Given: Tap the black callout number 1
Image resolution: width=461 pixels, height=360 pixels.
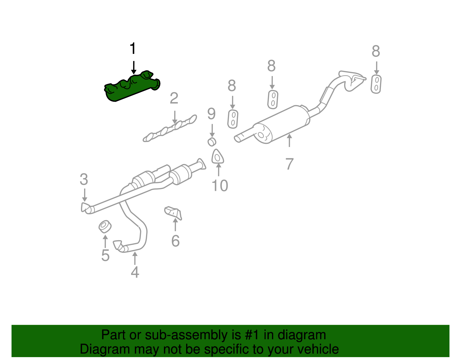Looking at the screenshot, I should (x=133, y=49).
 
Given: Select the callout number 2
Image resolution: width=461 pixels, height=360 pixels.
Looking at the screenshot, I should (x=174, y=99).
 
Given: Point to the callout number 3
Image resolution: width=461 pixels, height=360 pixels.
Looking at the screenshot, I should (x=84, y=180).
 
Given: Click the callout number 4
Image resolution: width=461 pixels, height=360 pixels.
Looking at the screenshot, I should (x=135, y=272).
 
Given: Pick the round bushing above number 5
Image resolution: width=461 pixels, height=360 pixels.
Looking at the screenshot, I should (x=105, y=227).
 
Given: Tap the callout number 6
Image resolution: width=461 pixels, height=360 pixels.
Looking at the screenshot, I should (x=175, y=241).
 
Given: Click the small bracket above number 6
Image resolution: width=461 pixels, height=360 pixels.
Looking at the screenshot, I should (x=174, y=213).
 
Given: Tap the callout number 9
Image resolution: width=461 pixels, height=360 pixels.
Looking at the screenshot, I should (x=211, y=114).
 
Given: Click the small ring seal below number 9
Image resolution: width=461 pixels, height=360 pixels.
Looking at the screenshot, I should (x=212, y=142).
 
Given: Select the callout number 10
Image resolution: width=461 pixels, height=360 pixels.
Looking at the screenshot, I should (x=220, y=186).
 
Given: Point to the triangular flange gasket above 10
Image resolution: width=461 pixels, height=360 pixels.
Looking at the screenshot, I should (x=218, y=157).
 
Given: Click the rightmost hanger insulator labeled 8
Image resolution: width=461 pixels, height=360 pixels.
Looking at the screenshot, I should (x=376, y=84).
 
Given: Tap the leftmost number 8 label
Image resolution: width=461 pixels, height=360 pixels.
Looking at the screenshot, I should (x=232, y=86).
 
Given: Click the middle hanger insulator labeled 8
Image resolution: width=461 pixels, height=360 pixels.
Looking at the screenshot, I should (x=273, y=99).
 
